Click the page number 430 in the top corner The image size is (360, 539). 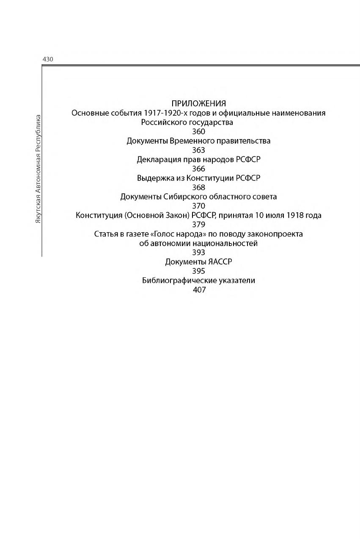(48, 60)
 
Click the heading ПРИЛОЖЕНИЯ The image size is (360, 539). (198, 104)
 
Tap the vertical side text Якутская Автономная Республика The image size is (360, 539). (38, 169)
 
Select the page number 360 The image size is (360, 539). (198, 131)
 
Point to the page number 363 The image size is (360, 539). (198, 150)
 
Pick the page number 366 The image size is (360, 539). (198, 169)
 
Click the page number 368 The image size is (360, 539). (198, 187)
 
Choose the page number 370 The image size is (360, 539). (198, 206)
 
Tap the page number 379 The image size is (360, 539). (198, 224)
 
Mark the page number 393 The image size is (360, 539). (198, 253)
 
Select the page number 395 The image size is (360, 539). (198, 271)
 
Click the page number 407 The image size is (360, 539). (198, 290)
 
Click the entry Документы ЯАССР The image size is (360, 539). (198, 262)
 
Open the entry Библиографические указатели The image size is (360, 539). (198, 281)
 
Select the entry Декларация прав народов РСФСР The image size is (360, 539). (198, 159)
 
